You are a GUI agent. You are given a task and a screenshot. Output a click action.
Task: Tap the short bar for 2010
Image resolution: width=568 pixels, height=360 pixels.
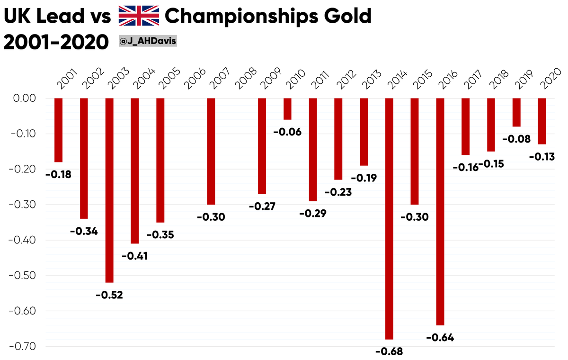[x=287, y=109]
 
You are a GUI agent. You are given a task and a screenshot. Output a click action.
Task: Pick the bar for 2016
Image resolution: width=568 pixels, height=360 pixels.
[x=441, y=211]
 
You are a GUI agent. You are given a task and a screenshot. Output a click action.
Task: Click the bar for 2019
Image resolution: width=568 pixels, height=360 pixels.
[x=516, y=112]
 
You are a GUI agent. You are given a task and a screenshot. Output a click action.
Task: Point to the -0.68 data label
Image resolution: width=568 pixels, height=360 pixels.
[x=389, y=351]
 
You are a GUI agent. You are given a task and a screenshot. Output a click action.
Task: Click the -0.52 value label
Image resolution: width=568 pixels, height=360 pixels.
[x=109, y=295]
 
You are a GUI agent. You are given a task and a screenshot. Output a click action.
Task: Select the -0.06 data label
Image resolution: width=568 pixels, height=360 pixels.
[x=287, y=132]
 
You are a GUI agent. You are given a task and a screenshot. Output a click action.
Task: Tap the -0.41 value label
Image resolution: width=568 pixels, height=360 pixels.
[x=135, y=256]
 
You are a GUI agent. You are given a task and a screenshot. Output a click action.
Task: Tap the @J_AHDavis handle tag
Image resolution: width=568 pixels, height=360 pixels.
[x=148, y=42]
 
